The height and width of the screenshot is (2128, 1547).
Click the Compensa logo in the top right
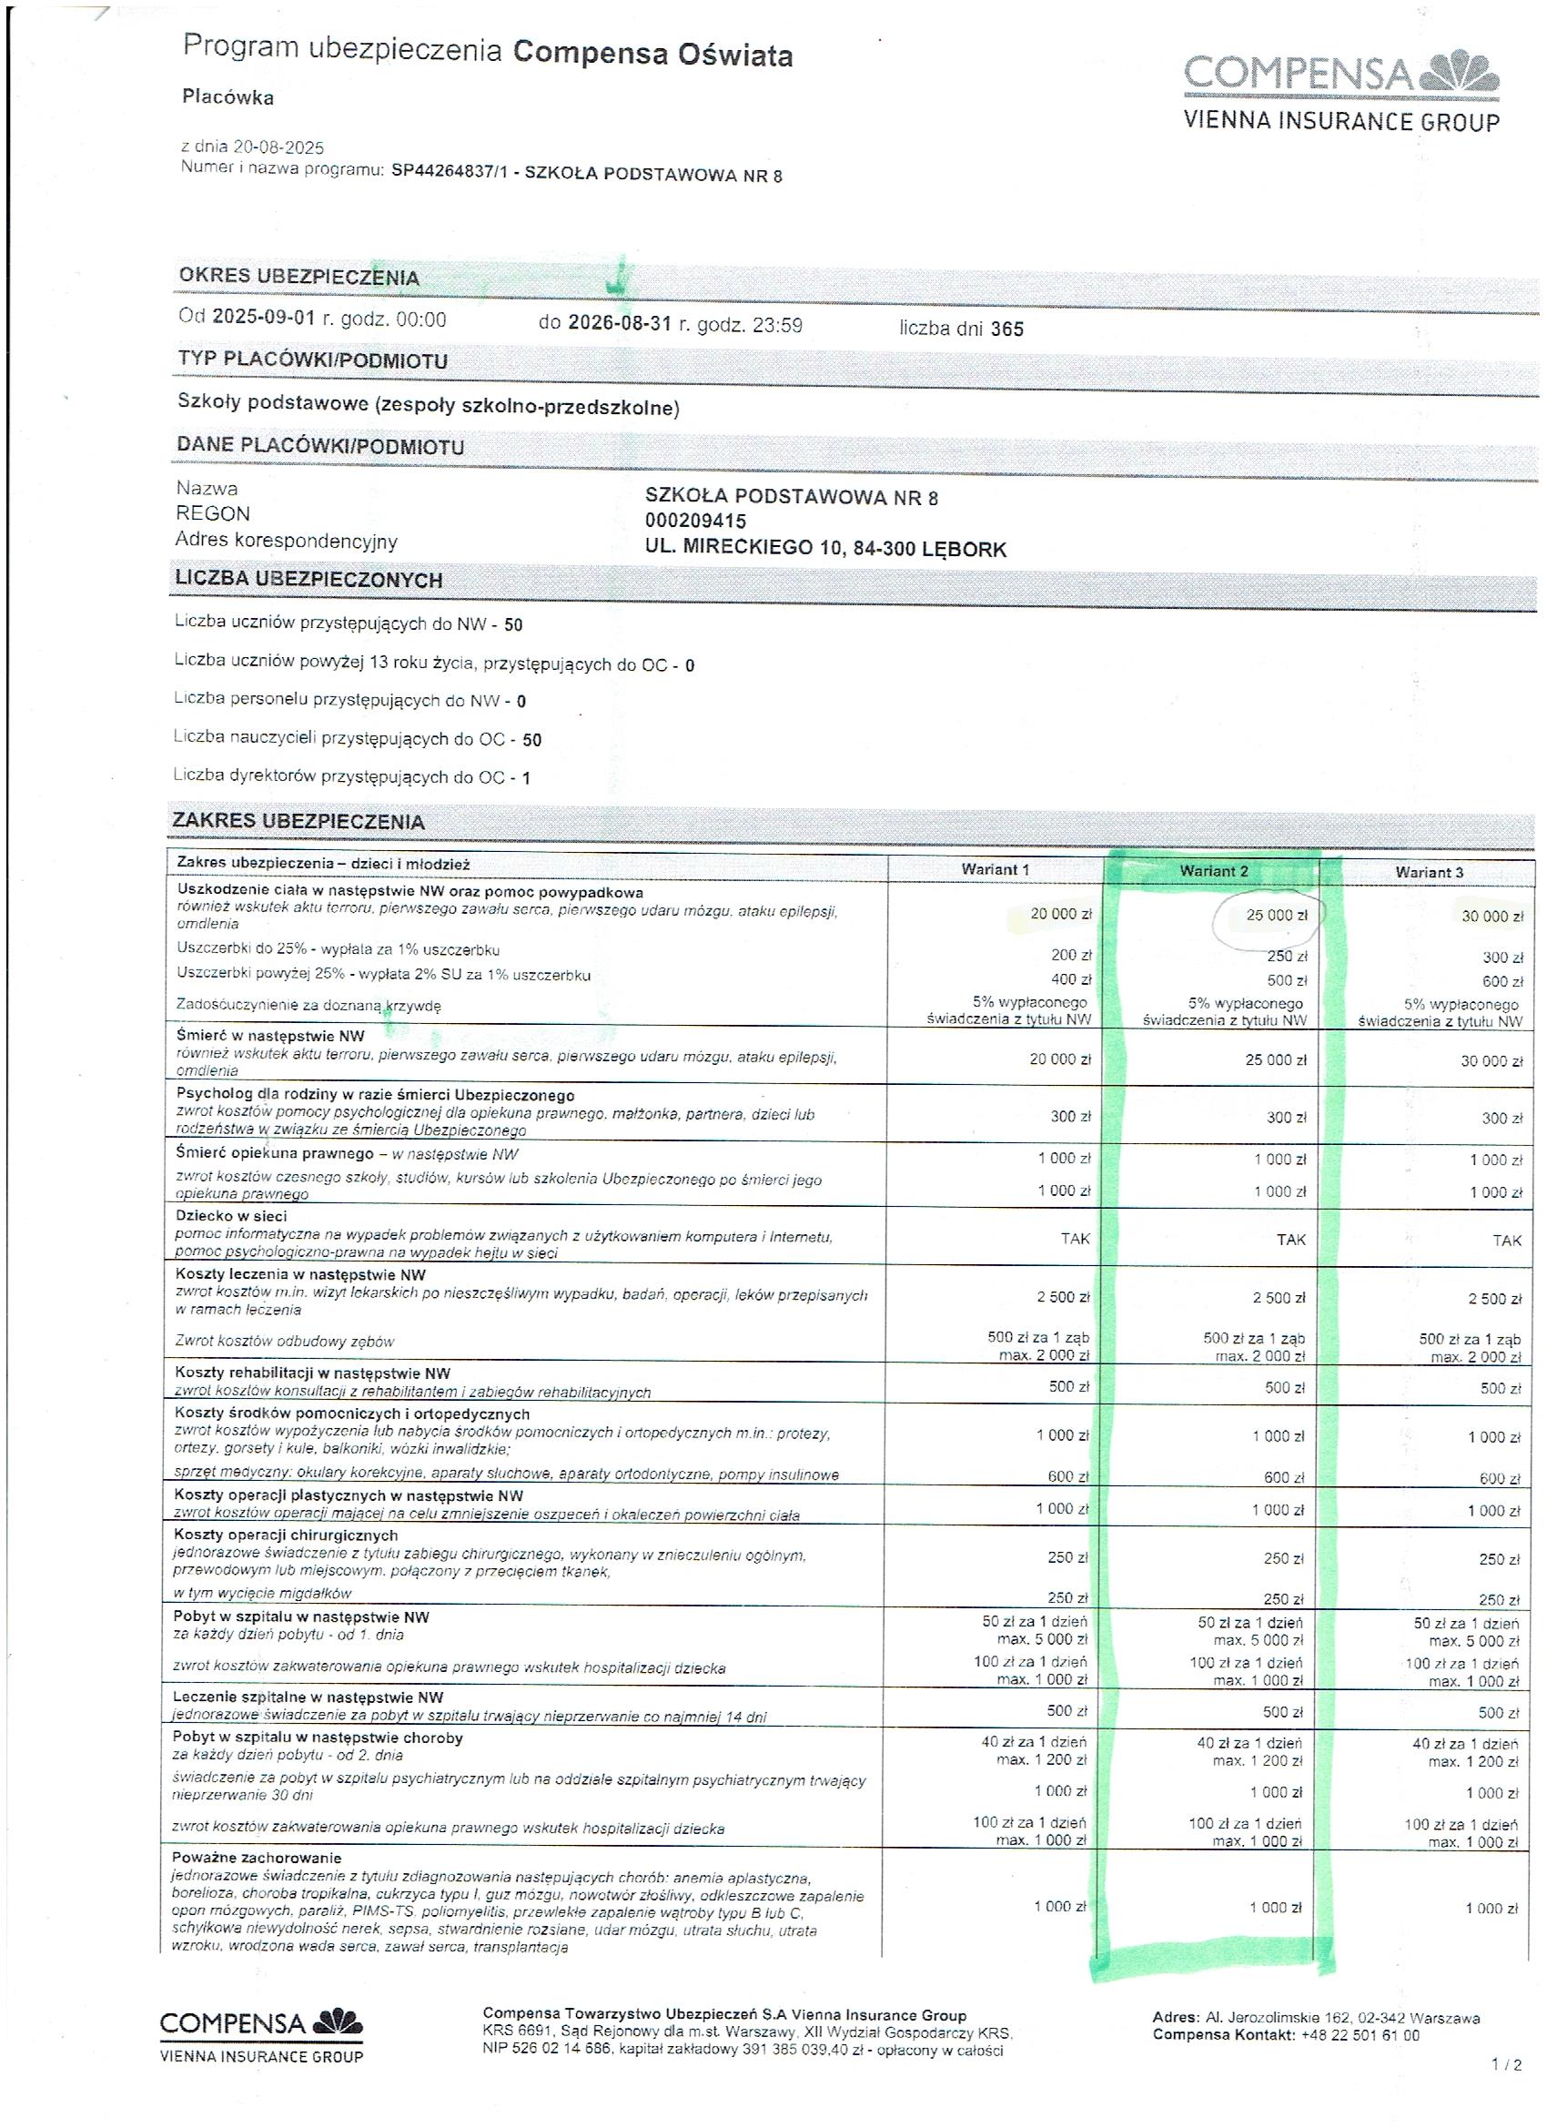click(1341, 91)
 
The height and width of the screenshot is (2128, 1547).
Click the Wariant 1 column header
click(995, 870)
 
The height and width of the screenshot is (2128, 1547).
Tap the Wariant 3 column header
click(1428, 873)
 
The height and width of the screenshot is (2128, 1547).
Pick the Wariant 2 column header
click(1213, 871)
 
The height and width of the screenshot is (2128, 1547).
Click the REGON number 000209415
click(695, 521)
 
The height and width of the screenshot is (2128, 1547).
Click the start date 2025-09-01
click(266, 317)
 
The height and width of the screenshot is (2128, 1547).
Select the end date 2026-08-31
click(619, 325)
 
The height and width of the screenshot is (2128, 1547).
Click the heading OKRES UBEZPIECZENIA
click(298, 277)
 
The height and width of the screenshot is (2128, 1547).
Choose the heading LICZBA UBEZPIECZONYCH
click(308, 580)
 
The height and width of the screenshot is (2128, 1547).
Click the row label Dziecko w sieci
click(231, 1216)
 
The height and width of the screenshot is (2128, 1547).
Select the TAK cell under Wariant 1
click(1074, 1239)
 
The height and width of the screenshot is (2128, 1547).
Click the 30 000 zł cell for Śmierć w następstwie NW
click(1491, 1061)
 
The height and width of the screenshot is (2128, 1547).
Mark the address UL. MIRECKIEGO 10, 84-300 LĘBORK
click(824, 549)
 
